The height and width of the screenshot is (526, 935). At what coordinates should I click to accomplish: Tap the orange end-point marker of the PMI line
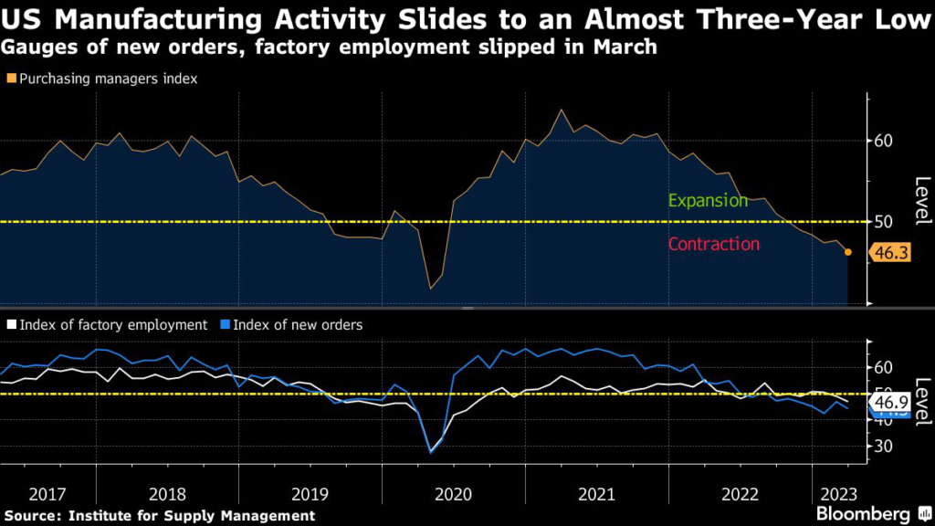coord(848,252)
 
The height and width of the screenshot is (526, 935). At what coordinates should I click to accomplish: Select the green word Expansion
coord(708,200)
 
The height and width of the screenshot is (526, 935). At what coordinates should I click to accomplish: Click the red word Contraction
coord(713,244)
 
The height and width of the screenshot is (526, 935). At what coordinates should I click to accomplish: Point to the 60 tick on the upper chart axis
coord(882,141)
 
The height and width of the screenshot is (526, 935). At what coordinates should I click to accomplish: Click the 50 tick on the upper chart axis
coord(882,221)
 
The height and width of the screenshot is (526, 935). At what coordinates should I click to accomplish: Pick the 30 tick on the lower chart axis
coord(883,446)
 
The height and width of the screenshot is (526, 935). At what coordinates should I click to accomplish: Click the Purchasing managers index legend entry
coord(106,79)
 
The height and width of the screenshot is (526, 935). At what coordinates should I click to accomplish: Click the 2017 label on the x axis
coord(47,494)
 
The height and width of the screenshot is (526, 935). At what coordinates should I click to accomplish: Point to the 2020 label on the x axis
coord(454,494)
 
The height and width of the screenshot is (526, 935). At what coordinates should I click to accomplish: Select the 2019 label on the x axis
coord(310,494)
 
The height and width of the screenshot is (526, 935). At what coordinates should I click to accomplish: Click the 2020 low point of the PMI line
coord(431,289)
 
